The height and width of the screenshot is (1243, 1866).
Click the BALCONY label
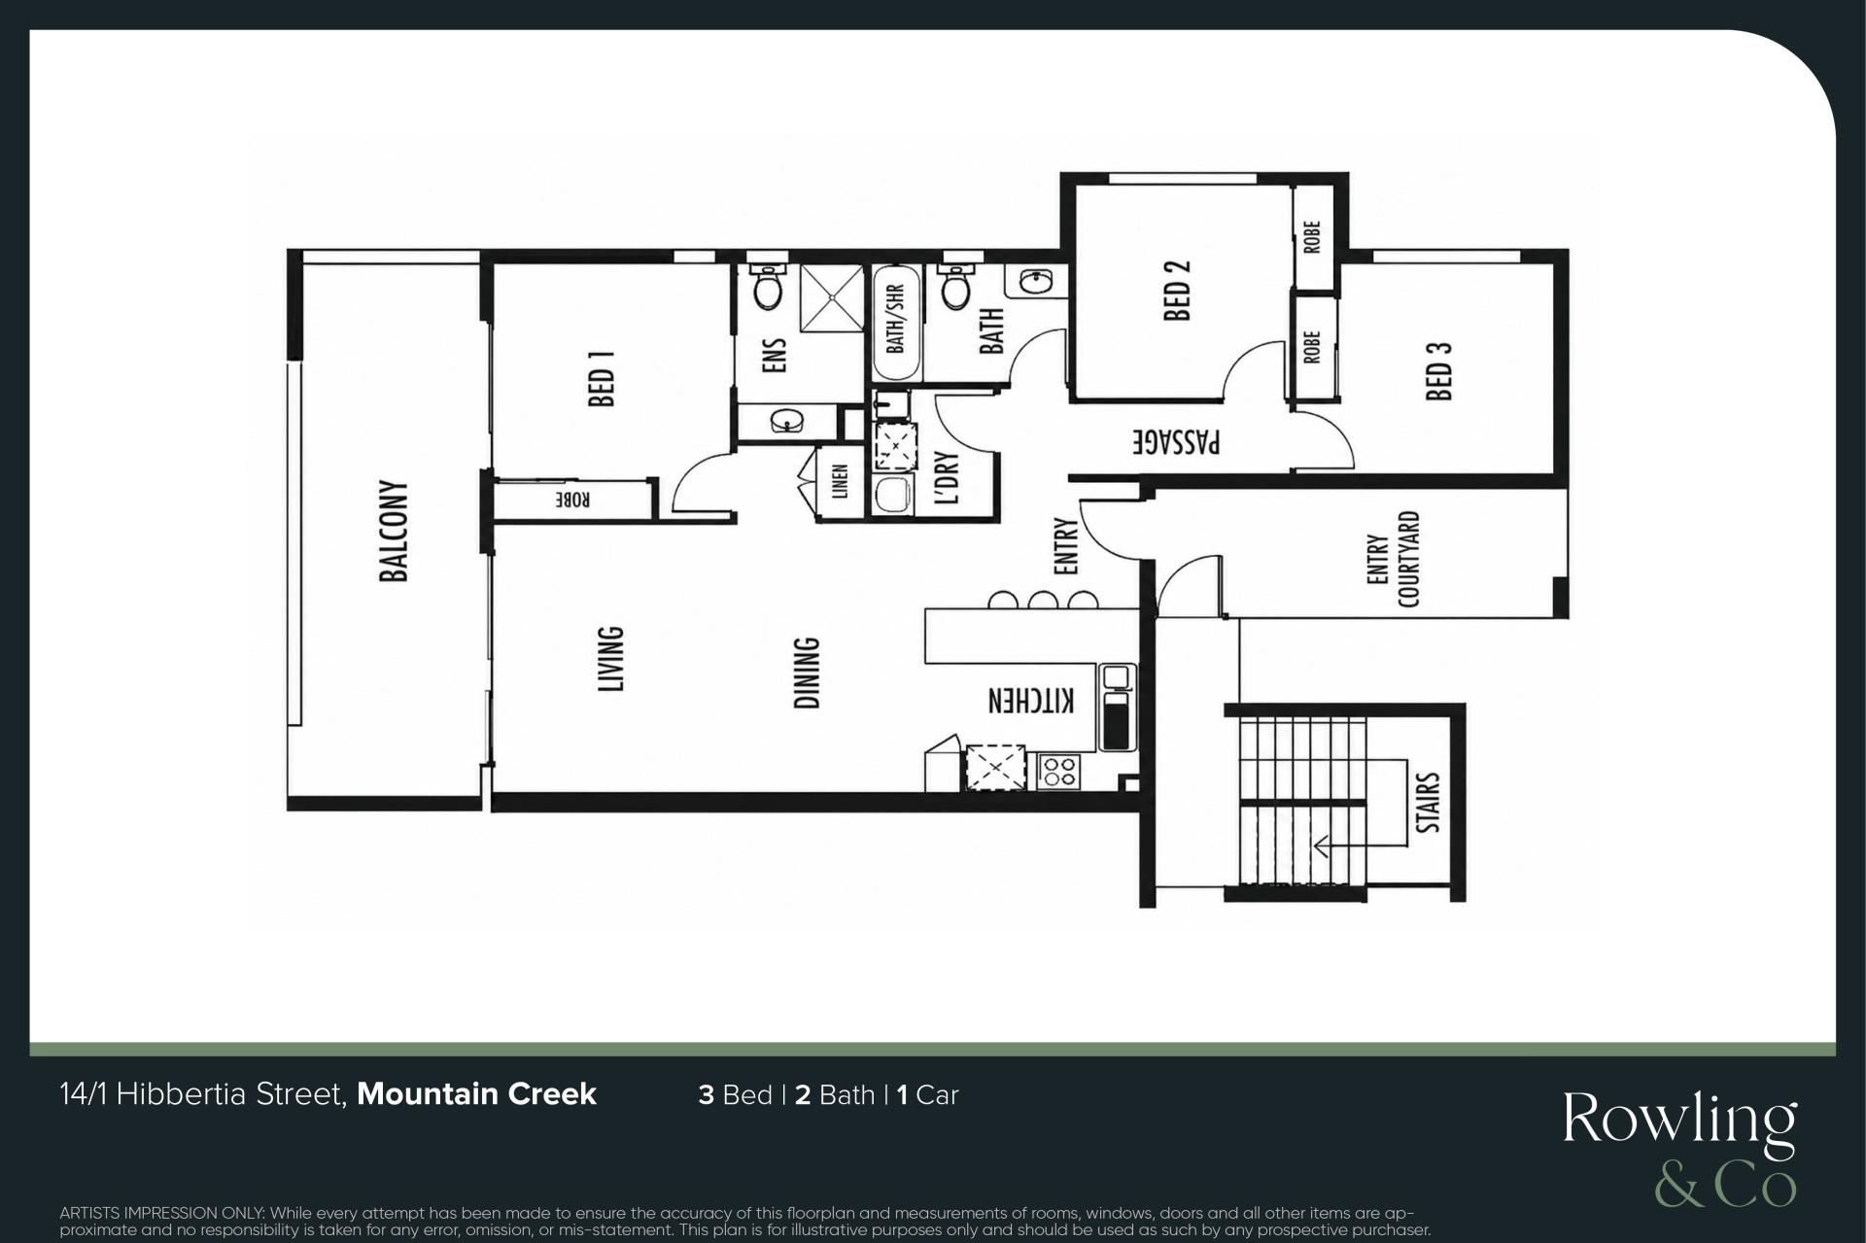point(394,531)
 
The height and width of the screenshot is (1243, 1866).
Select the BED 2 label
point(1177,289)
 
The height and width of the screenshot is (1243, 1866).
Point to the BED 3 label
point(1439,370)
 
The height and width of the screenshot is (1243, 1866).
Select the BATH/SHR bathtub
point(895,324)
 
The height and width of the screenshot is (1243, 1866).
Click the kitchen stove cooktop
point(1058,772)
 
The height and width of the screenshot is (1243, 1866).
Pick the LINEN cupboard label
point(841,482)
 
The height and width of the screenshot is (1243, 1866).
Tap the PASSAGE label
point(1176,443)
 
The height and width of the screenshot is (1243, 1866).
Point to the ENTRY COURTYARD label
point(1393,560)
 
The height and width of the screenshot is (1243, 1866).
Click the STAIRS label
point(1428,803)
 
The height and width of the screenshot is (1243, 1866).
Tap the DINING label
point(807,673)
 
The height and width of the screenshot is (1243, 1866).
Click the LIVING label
point(609,659)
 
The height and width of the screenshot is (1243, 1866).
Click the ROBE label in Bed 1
point(573,500)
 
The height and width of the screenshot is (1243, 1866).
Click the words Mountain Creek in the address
point(476,1094)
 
